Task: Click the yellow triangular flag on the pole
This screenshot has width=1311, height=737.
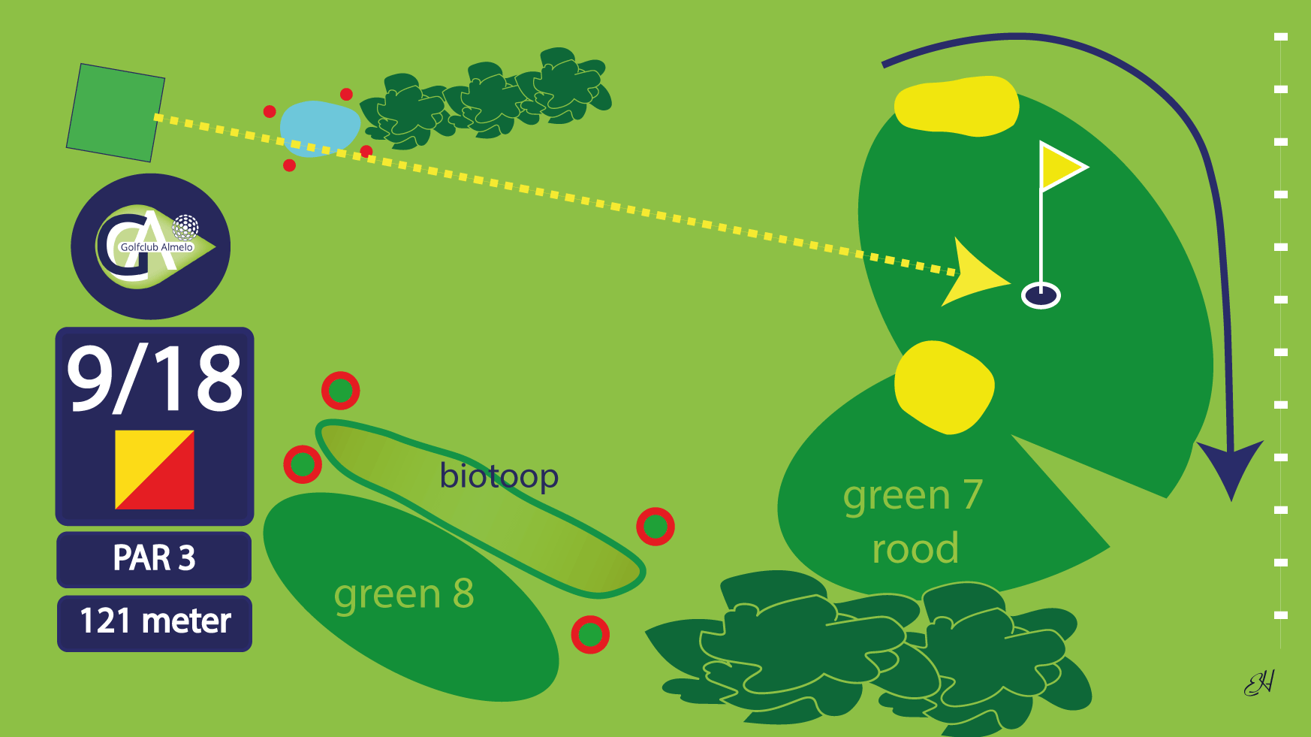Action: [1059, 167]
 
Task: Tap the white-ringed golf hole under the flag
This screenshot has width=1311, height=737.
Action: [1041, 294]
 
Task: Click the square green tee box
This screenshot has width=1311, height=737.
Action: [116, 113]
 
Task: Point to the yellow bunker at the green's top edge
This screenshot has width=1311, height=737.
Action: [956, 106]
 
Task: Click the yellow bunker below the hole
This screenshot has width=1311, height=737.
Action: [944, 388]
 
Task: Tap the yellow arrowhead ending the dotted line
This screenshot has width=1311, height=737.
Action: [973, 273]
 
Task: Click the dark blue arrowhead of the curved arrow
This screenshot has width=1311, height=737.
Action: [1230, 466]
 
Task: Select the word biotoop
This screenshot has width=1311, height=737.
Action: [499, 476]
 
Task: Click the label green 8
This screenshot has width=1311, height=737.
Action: [404, 594]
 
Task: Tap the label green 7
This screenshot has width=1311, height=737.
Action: [912, 495]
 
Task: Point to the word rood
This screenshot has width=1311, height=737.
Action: [915, 548]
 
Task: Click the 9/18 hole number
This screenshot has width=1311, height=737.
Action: [155, 379]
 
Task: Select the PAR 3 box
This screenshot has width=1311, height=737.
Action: [154, 559]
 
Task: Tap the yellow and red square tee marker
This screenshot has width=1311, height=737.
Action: [155, 470]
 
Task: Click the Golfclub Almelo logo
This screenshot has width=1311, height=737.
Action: [151, 246]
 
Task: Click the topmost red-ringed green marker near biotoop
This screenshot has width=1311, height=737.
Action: [340, 391]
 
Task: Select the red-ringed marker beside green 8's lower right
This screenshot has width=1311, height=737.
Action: [590, 635]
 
